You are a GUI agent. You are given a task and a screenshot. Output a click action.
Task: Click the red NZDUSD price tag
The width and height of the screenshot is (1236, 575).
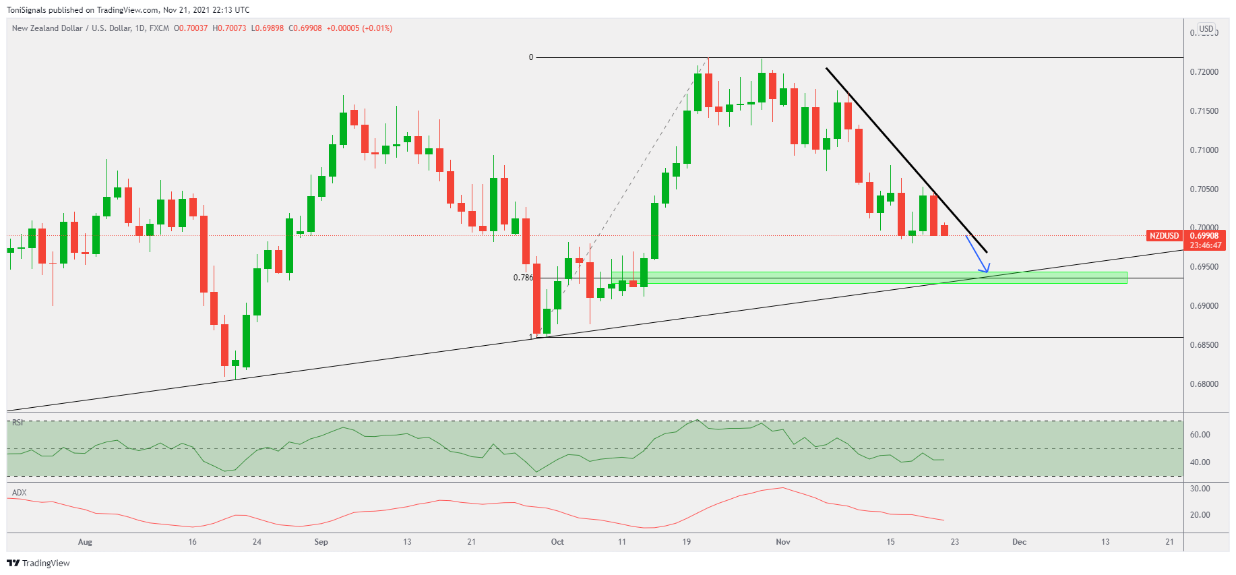pos(1164,236)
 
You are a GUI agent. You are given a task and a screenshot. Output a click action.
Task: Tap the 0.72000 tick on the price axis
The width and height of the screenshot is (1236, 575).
pos(1204,72)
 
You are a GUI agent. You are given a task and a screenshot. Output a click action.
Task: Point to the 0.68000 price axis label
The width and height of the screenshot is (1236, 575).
pos(1204,384)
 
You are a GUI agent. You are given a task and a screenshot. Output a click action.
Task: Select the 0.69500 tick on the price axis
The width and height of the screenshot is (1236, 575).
pos(1204,267)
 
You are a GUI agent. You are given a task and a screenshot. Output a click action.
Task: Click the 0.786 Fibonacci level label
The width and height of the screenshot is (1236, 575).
pos(523,278)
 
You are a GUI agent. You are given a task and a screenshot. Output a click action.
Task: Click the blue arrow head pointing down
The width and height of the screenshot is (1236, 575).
pos(985,269)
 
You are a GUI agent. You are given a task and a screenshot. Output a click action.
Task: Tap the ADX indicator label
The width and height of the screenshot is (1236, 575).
pos(20,493)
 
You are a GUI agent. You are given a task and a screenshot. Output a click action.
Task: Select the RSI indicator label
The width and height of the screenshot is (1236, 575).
pos(18,423)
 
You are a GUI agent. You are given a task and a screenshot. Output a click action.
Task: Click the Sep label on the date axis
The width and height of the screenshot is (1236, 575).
pos(321,542)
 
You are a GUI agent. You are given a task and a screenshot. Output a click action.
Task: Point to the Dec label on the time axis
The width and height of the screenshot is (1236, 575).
pos(1019,542)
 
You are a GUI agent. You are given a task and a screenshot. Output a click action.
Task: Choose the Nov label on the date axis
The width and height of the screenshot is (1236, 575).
pos(782,542)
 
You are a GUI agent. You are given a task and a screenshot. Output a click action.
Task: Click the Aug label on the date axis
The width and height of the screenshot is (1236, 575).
pos(85,542)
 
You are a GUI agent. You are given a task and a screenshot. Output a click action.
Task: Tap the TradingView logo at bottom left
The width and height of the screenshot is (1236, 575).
pos(38,563)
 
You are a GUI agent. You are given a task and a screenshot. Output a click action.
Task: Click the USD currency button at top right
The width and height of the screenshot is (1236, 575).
pos(1206,29)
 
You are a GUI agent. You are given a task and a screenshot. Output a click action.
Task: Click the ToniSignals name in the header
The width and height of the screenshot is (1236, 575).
pos(26,10)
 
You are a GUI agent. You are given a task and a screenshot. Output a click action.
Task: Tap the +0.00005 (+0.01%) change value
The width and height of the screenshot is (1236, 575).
pos(359,28)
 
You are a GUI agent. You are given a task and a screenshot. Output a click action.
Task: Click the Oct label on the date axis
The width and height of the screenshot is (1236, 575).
pos(557,542)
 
